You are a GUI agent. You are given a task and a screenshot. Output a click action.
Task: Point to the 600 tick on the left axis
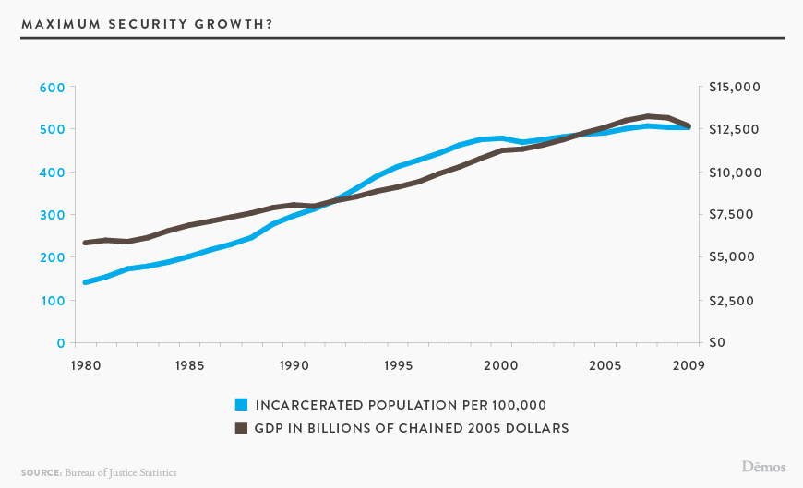[52, 88]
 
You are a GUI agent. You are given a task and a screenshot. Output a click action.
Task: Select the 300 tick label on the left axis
[52, 215]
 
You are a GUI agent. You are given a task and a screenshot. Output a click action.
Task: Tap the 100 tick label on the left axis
[52, 301]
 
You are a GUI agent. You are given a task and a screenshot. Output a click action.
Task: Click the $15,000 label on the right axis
[734, 88]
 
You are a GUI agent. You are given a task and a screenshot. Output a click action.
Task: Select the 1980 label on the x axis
[85, 365]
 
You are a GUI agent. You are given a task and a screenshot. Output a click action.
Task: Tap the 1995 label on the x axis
[398, 365]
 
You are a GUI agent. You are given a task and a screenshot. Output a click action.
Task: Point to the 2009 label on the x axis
[689, 365]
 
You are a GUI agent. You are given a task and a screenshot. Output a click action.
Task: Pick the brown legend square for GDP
[242, 427]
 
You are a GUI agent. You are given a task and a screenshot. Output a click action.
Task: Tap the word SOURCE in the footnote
[41, 472]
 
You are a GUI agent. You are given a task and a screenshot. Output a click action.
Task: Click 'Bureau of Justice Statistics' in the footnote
[120, 472]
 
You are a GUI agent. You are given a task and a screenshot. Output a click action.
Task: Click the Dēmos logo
[763, 467]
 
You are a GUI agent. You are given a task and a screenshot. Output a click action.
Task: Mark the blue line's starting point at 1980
[86, 282]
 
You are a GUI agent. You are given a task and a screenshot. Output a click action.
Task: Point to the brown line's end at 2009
[689, 125]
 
